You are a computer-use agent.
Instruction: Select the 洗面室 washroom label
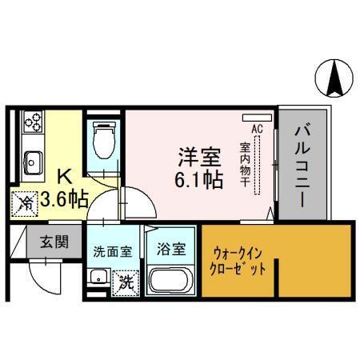pyautogui.click(x=111, y=251)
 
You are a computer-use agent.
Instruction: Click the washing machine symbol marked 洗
pyautogui.click(x=125, y=282)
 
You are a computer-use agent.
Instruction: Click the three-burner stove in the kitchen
pyautogui.click(x=33, y=121)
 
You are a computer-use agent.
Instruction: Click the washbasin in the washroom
pyautogui.click(x=98, y=278)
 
